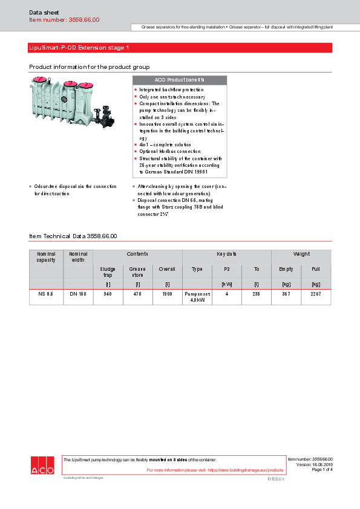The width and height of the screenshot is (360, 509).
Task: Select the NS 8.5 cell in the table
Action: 46,293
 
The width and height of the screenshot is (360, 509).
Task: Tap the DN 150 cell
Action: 78,293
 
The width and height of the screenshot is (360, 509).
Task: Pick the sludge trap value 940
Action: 108,293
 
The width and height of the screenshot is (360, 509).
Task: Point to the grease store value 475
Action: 137,293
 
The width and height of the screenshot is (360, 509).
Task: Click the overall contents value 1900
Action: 167,293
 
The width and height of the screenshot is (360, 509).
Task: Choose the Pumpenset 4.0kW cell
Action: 197,296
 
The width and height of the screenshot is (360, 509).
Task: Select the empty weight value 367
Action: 286,293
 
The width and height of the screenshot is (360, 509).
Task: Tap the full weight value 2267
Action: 316,293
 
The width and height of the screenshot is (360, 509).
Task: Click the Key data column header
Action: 226,254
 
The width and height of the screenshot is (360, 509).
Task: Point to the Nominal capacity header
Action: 46,257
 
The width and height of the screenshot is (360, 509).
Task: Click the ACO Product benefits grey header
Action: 179,80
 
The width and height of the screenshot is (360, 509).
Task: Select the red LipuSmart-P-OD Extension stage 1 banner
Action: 180,47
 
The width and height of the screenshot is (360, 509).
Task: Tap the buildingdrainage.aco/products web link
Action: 246,470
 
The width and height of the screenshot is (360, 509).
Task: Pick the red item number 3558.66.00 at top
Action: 64,20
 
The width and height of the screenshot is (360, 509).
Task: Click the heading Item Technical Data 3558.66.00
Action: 73,236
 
